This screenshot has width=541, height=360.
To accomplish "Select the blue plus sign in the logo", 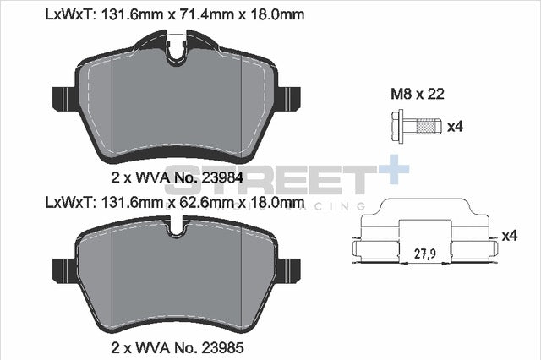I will (394, 168).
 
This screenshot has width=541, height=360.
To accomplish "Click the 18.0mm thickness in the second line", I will (276, 202).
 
